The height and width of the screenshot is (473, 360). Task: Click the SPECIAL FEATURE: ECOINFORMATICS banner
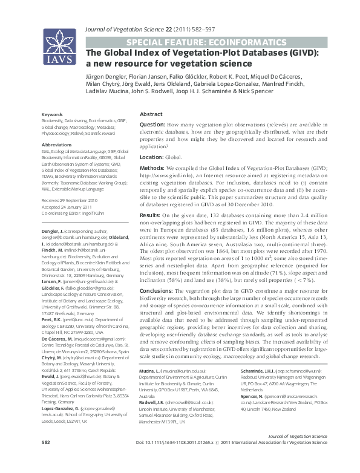click(x=205, y=42)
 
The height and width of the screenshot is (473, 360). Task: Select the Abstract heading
click(x=151, y=114)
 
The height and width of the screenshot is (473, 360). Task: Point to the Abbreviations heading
click(x=56, y=146)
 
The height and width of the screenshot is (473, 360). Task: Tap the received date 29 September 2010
click(x=77, y=200)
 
